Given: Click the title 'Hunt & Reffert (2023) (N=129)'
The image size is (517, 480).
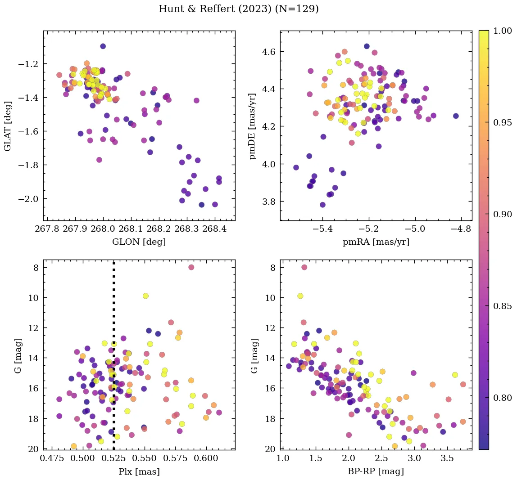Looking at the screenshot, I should point(239,9).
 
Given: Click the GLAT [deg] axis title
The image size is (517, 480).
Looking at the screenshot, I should point(9,126).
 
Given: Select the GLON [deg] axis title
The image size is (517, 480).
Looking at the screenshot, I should point(139,242).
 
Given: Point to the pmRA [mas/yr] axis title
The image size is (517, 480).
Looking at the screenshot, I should point(376,242).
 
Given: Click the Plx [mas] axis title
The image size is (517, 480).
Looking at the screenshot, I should point(139,472).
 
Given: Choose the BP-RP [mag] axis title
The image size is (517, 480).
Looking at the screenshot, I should point(376,472).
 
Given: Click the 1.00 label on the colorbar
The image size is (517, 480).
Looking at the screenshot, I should point(503,31).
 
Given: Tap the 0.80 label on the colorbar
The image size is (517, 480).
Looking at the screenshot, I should point(503,398).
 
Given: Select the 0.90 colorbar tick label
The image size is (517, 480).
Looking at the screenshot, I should point(503,214).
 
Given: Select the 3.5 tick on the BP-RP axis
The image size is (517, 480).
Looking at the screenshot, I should point(448,459).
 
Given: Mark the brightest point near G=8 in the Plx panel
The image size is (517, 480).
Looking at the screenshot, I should point(191,267).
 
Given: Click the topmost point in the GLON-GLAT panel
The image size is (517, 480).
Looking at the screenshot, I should point(103,46).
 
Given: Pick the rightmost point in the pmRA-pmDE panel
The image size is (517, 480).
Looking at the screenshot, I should point(456,116).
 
